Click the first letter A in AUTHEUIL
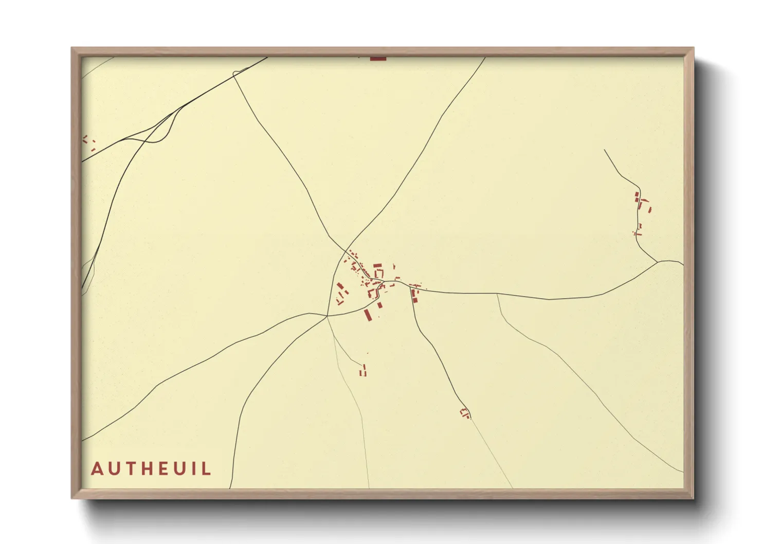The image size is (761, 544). (97, 469)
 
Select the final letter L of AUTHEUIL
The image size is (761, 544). (207, 469)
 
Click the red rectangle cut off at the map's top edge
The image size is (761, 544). (378, 59)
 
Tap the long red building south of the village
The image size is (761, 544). (368, 315)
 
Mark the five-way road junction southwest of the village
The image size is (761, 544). (327, 316)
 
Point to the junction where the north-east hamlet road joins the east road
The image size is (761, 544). (658, 262)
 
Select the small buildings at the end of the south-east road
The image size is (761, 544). (465, 413)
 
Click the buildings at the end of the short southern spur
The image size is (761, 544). (363, 371)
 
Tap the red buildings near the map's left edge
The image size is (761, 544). (89, 142)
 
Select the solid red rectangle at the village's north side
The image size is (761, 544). (377, 265)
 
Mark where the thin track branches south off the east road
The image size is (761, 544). (497, 294)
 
